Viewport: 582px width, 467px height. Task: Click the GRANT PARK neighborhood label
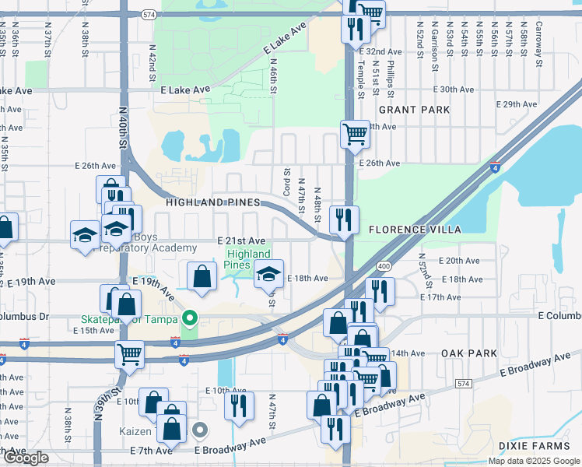coord(414,110)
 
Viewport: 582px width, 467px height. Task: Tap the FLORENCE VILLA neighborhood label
coord(415,230)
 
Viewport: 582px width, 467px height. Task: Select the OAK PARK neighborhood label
coord(468,353)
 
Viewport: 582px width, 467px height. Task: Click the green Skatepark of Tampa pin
coord(188,318)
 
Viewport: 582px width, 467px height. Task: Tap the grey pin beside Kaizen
coord(200,430)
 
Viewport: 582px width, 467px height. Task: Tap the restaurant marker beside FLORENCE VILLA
coord(343,219)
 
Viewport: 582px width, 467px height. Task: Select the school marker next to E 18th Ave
coord(268,274)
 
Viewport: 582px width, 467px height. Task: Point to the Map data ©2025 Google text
coord(534,461)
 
